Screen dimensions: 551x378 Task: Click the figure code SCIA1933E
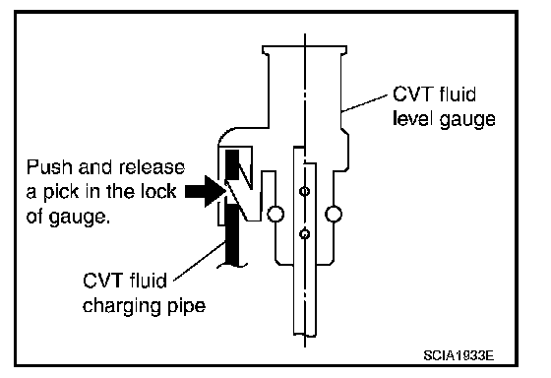coord(459,355)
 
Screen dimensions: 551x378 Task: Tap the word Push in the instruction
coord(50,167)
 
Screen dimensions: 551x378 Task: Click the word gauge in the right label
coord(467,119)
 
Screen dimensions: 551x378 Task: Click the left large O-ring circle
coord(275,214)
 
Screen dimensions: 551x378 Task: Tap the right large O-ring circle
coord(334,214)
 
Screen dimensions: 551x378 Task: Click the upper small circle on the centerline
coord(304,191)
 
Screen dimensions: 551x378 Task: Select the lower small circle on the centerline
coord(304,233)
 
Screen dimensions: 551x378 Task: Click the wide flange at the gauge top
coord(305,50)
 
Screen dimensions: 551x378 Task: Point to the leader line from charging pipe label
coord(200,261)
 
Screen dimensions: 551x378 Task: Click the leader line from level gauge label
coord(365,103)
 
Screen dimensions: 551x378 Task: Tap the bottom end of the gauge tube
coord(305,335)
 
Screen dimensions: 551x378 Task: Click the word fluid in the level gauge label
coord(458,94)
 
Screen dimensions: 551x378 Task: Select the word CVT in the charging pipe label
coord(103,281)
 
